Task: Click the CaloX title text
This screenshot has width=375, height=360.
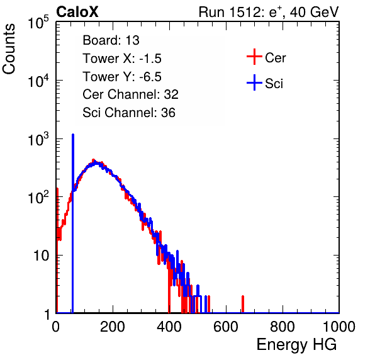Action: [77, 12]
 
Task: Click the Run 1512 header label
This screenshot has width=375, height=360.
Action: [269, 12]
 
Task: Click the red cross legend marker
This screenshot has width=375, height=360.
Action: [254, 57]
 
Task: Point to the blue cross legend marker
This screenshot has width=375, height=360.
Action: [254, 82]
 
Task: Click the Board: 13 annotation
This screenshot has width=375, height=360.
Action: [111, 40]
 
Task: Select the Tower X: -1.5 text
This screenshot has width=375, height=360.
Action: [122, 59]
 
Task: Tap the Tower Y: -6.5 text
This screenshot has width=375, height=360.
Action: [122, 77]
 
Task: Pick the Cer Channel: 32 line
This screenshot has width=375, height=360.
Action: [131, 94]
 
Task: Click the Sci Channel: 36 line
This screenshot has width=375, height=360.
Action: [129, 113]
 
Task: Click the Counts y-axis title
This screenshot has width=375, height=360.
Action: [9, 49]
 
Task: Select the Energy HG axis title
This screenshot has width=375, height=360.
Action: [296, 345]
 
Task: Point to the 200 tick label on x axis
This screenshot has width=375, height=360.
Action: [113, 327]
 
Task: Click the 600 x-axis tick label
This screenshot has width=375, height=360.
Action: [226, 327]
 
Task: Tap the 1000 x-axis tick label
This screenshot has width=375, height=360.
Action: [339, 327]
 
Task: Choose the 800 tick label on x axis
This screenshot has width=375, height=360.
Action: [283, 327]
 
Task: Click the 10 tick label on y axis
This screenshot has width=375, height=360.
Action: [42, 256]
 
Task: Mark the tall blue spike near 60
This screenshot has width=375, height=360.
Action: [73, 223]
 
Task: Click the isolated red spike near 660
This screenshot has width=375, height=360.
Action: [243, 304]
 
